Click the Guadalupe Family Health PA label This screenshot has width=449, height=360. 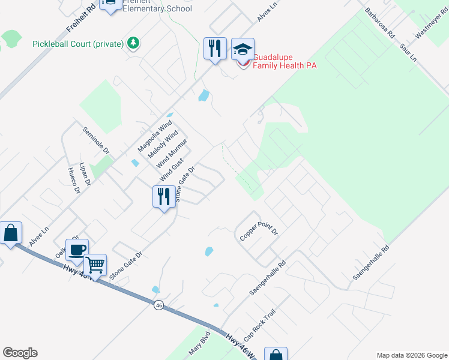point(284,61)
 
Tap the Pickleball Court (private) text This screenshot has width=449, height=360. point(79,44)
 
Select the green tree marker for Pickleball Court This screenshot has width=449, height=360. point(133,43)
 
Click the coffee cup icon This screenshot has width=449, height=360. point(77,250)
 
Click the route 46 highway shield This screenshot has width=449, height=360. point(158,305)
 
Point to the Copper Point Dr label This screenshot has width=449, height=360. point(259,231)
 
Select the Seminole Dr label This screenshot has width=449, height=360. point(96,140)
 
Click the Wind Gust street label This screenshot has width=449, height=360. point(172,171)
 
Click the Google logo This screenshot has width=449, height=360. point(20,353)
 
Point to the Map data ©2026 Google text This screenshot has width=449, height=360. point(411,355)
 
